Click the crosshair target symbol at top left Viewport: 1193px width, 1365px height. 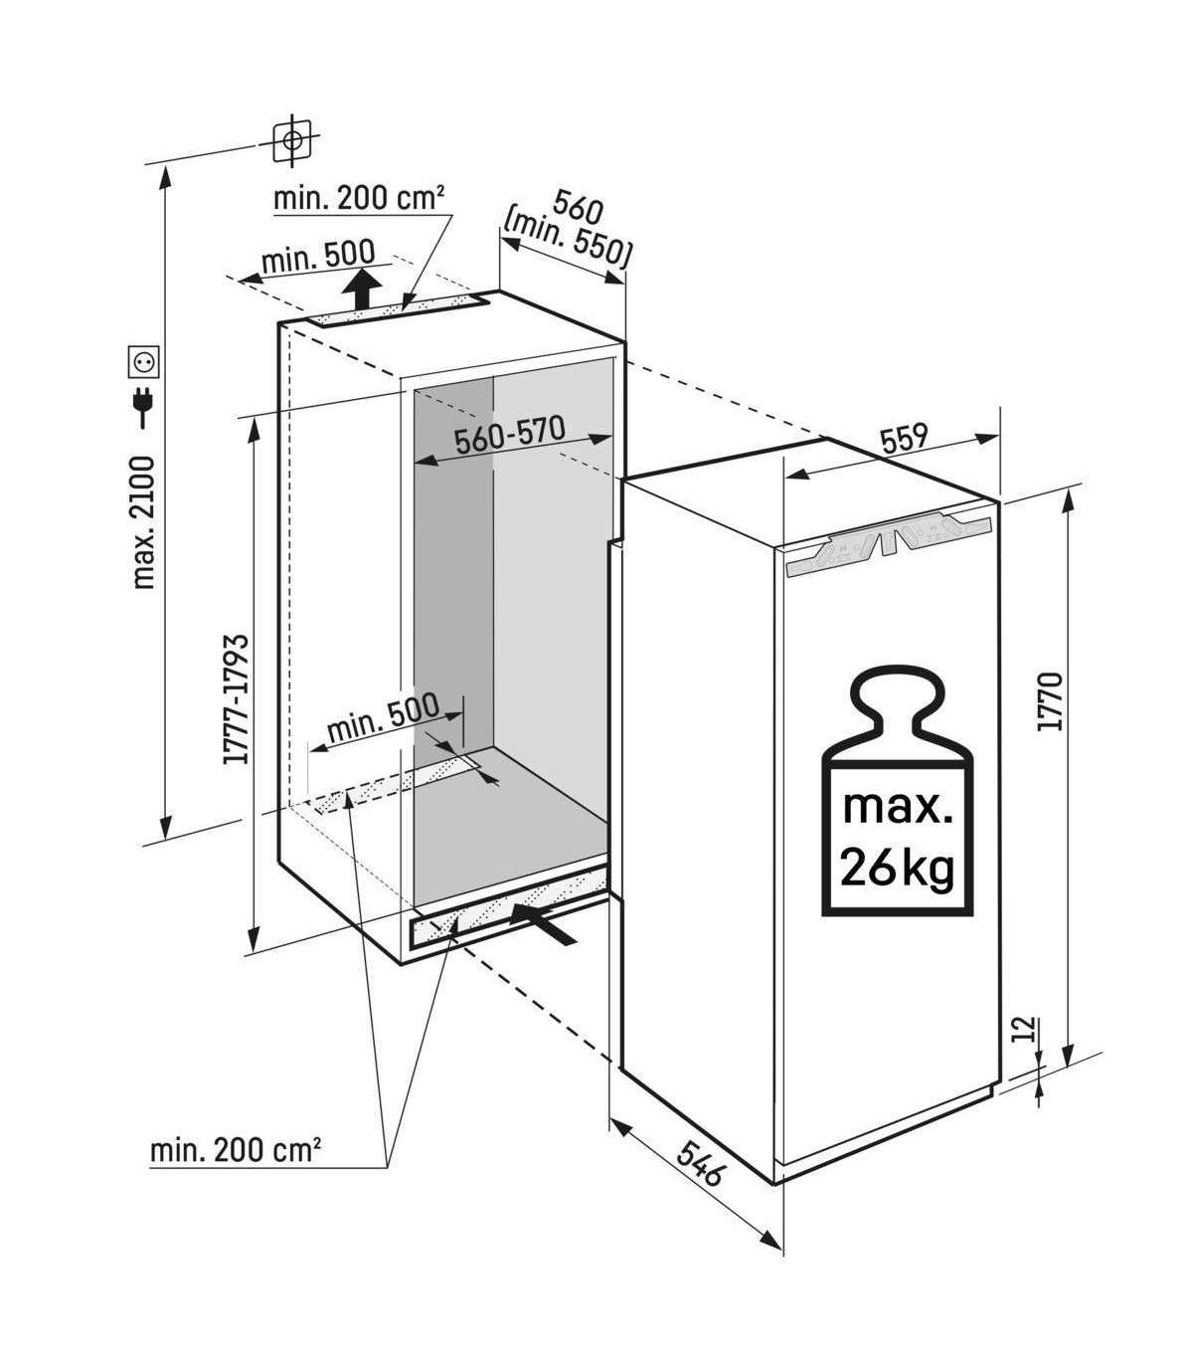291,141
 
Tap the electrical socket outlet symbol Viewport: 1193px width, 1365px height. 141,360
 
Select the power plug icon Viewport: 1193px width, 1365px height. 141,408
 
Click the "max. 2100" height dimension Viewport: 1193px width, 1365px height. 144,521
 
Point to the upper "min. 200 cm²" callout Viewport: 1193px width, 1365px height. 358,199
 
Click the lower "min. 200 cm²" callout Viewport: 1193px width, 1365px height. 236,1150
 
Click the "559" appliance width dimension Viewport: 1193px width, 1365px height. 904,438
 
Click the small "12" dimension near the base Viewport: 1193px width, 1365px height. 1027,1029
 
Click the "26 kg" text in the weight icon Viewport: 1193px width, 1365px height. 897,868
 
